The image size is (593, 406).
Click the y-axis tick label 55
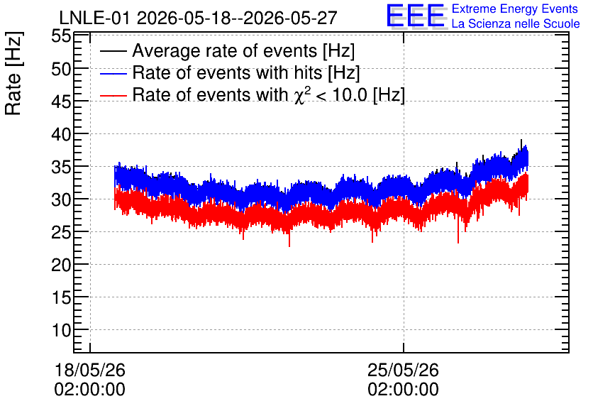coord(61,37)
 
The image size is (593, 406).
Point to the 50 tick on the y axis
coord(61,70)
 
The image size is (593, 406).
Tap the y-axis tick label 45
coord(61,101)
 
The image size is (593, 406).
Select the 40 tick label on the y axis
coord(61,134)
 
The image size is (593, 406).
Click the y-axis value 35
coord(61,167)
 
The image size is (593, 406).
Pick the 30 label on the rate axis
coord(61,199)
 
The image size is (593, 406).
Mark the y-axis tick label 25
coord(61,232)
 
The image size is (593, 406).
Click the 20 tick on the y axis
coord(61,265)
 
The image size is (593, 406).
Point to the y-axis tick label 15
coord(61,298)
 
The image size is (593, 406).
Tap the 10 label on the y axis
coord(61,330)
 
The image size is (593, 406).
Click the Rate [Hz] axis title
coord(13,73)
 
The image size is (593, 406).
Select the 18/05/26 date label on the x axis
coord(89,370)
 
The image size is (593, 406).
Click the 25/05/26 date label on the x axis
coord(403,370)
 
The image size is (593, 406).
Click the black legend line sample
coord(113,51)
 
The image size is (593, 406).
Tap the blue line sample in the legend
coord(113,73)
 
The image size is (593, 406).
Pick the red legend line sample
coord(113,95)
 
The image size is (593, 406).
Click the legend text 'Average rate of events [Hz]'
coord(243,51)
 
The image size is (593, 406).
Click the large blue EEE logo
coord(416,16)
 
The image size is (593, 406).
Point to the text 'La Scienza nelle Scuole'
coord(516,24)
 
